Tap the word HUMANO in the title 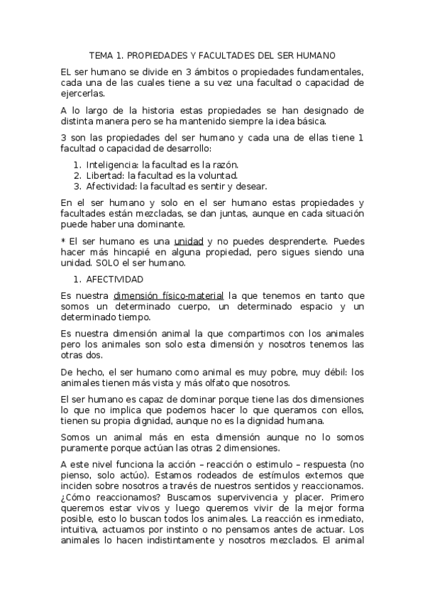tap(315, 55)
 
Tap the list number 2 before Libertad tap(77, 175)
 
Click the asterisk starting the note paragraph tap(64, 241)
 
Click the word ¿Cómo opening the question tap(75, 497)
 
